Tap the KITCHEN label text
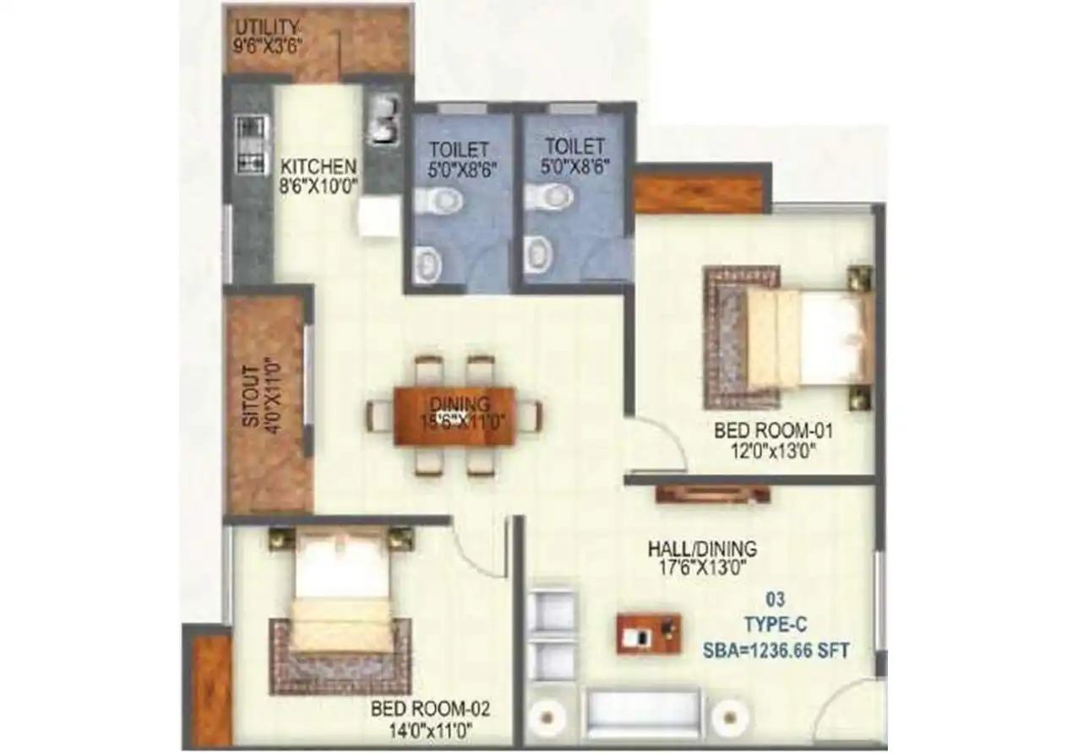(x=318, y=165)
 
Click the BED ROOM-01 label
(x=774, y=431)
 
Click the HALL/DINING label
(x=702, y=549)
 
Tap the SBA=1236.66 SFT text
(x=776, y=651)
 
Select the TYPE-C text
(x=776, y=626)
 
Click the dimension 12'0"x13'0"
(x=774, y=451)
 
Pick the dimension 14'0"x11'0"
(x=431, y=728)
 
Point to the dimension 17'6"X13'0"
(x=702, y=568)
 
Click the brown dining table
(x=455, y=414)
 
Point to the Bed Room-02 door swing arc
(x=477, y=549)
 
